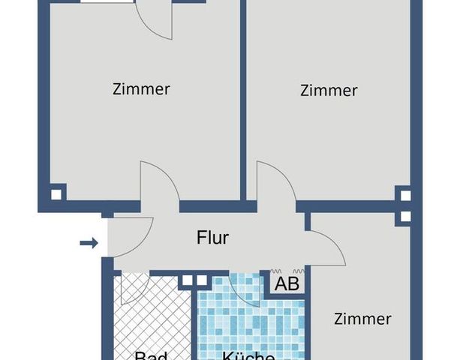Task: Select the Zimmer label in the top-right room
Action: (x=328, y=91)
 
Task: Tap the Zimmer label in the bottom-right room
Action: (x=362, y=319)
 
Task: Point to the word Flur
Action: (x=212, y=238)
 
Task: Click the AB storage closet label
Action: (x=287, y=284)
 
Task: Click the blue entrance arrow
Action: (x=89, y=242)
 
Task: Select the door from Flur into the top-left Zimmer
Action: (x=158, y=184)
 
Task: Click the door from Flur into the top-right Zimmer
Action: (x=275, y=184)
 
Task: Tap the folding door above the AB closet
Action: (x=287, y=270)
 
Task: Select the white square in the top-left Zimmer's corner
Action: (x=57, y=194)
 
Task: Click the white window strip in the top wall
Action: (x=106, y=1)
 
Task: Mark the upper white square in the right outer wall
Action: (x=405, y=196)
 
